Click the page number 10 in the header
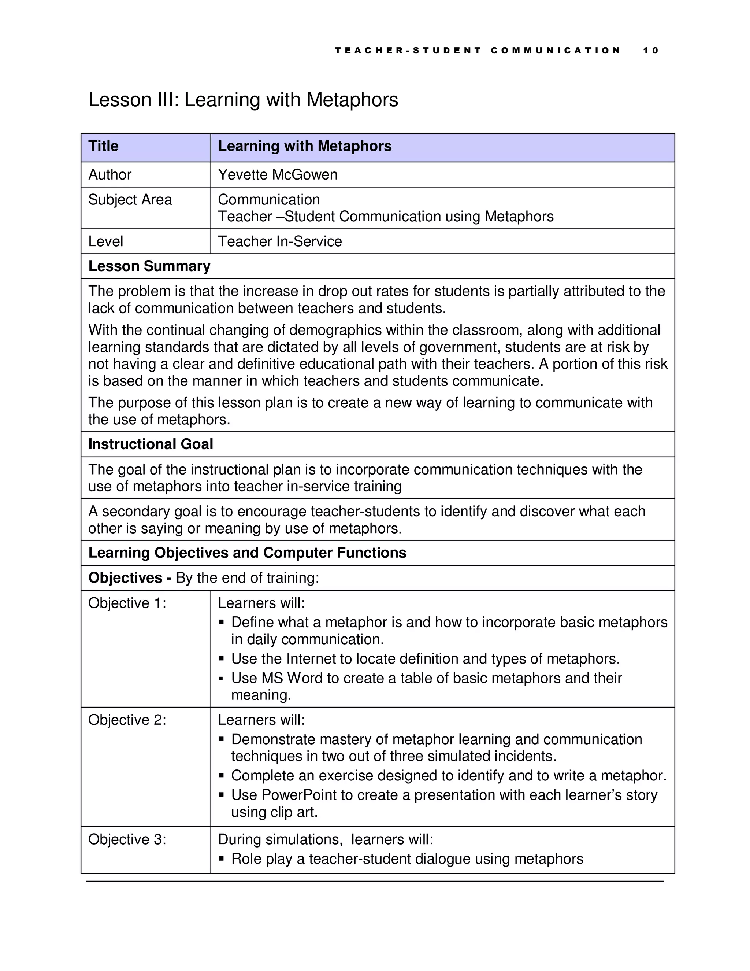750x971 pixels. (x=650, y=51)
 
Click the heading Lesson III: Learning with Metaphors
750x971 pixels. (x=243, y=100)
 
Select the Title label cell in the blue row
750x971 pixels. (x=104, y=146)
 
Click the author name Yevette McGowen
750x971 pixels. (x=278, y=175)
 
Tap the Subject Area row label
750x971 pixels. (x=130, y=200)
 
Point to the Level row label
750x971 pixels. (x=106, y=241)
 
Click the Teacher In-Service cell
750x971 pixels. (x=280, y=241)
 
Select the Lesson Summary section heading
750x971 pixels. (x=149, y=266)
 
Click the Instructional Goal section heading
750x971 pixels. (x=151, y=444)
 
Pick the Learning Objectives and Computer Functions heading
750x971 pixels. (x=247, y=553)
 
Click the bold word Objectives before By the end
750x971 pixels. (x=125, y=578)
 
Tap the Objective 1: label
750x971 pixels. (x=127, y=603)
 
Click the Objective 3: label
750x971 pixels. (x=127, y=839)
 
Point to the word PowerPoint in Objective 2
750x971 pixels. (x=299, y=795)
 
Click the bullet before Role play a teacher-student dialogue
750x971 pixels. (x=222, y=859)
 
